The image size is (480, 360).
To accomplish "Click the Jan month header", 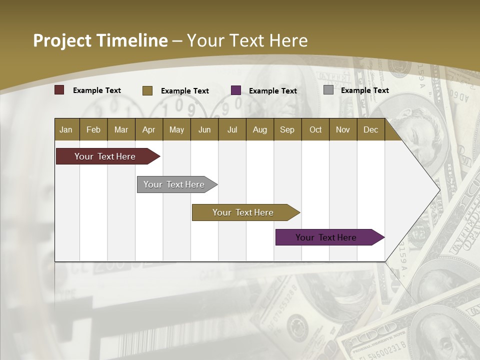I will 66,129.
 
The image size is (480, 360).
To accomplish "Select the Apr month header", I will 148,129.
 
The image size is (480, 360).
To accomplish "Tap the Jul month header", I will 232,129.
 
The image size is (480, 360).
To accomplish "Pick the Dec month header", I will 370,129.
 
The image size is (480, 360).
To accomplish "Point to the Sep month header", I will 287,129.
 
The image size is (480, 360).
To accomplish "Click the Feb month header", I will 93,129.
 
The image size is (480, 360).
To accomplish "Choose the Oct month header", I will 315,129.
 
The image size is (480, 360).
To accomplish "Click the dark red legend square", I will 59,90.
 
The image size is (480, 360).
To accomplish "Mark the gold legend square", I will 147,90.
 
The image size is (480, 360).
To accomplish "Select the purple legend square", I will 236,90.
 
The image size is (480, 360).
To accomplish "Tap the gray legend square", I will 328,90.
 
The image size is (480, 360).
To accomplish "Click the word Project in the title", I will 62,40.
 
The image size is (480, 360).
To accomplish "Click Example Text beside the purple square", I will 273,91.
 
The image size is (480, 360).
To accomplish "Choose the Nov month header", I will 343,129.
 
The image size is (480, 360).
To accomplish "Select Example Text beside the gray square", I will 365,90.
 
